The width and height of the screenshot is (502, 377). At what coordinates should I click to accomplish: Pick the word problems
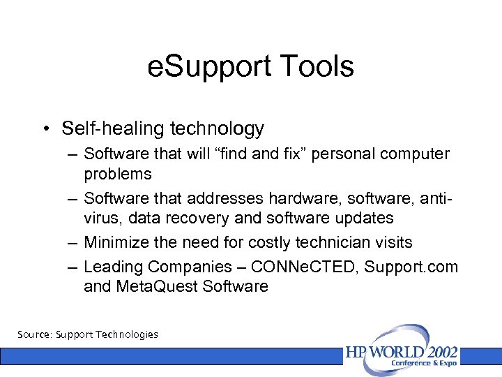[x=117, y=173]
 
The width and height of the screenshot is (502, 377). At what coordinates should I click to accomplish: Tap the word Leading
[x=113, y=267]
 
